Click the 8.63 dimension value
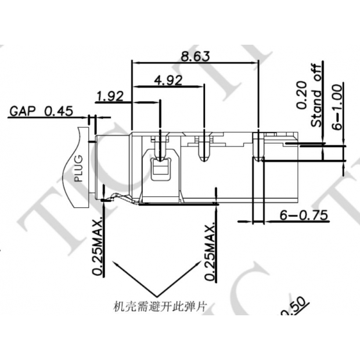[195, 56]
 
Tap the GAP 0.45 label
[40, 111]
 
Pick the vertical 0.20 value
[301, 95]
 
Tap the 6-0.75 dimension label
[304, 215]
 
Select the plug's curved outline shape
[78, 168]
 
